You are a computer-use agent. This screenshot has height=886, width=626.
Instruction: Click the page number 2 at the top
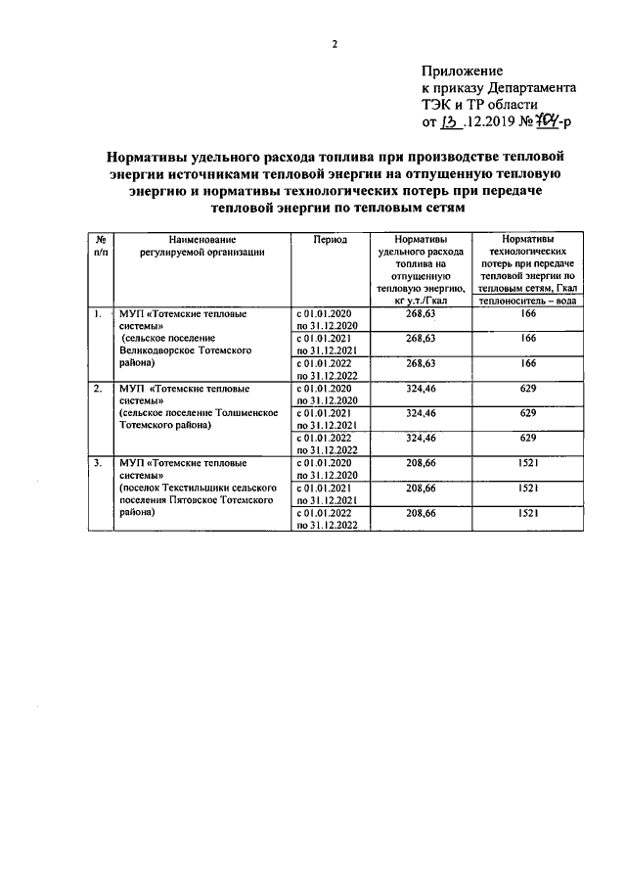[334, 44]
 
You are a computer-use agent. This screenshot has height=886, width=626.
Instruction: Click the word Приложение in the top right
[463, 70]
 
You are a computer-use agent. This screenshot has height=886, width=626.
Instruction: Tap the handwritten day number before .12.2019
[449, 123]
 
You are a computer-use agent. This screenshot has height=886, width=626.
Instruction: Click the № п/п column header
[100, 246]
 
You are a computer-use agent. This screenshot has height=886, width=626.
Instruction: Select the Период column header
[330, 239]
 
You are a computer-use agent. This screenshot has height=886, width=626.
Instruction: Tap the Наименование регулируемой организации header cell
[201, 246]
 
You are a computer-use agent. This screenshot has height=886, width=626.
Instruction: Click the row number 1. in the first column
[97, 314]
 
